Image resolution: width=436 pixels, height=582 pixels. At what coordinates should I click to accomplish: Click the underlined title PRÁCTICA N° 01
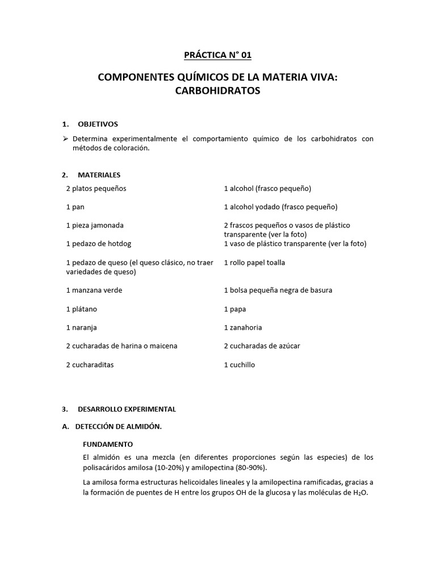tap(217, 55)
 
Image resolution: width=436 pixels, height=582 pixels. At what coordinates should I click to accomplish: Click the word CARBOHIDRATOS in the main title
tap(217, 91)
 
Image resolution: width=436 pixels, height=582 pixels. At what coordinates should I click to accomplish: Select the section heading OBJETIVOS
tap(98, 124)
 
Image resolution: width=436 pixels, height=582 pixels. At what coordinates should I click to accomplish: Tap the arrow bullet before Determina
tap(66, 139)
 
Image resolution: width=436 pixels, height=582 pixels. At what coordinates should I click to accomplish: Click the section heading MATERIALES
tap(99, 175)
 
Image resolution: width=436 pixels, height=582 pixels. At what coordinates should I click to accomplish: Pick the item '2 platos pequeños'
tap(96, 188)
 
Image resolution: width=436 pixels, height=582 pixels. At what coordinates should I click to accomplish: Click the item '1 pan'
tap(75, 207)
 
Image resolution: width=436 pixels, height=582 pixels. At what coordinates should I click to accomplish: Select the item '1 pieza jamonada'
tap(94, 225)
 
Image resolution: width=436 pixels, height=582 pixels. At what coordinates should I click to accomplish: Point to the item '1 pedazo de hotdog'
tap(98, 244)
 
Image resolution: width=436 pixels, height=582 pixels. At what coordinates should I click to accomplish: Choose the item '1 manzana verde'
tap(94, 290)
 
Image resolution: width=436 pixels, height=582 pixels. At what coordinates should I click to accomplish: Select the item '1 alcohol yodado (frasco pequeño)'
tap(280, 207)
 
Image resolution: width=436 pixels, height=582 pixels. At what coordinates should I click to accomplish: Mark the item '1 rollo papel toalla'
tap(254, 263)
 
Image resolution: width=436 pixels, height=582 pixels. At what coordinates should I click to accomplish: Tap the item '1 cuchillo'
tap(240, 364)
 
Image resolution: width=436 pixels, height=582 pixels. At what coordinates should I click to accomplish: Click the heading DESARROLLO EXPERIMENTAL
tap(127, 409)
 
